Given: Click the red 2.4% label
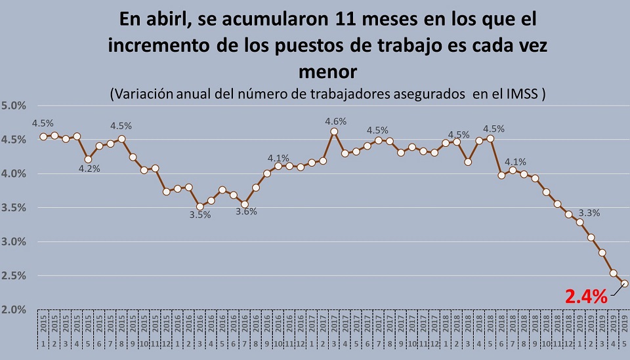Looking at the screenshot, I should [586, 296].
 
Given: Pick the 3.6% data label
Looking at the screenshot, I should [246, 211].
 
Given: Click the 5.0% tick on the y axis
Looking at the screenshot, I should [15, 106].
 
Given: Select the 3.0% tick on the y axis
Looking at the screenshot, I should [15, 242].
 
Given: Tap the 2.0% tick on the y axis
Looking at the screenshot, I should [15, 310].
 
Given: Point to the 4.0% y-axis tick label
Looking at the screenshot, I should [15, 174].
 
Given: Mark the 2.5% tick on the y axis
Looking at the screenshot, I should [15, 276].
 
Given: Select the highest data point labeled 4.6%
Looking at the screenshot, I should [334, 131].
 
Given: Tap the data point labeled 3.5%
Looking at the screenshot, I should [199, 207].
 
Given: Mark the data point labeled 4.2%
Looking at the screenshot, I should [87, 159].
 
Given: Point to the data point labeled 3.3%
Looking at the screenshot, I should [579, 222].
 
